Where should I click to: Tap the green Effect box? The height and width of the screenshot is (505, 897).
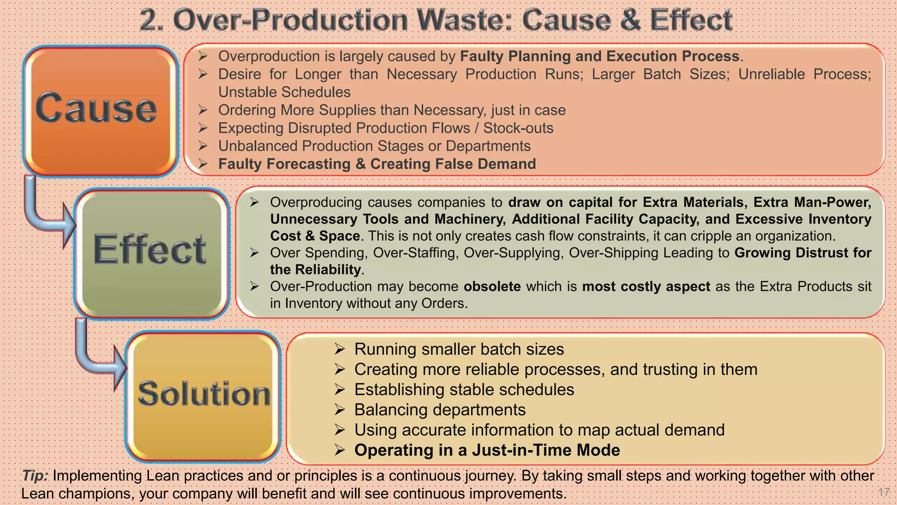[x=152, y=253]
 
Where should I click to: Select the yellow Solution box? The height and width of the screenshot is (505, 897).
[x=203, y=396]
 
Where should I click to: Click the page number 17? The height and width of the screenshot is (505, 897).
[x=883, y=492]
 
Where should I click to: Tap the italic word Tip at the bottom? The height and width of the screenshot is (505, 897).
[x=34, y=476]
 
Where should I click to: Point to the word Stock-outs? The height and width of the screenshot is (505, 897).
[x=518, y=128]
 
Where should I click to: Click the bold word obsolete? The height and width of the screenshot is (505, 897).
[x=492, y=286]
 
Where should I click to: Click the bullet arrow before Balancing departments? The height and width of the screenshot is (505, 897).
[x=340, y=410]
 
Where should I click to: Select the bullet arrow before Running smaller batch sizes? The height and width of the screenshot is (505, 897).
[x=340, y=349]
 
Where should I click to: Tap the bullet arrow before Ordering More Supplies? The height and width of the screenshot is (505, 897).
[x=202, y=110]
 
